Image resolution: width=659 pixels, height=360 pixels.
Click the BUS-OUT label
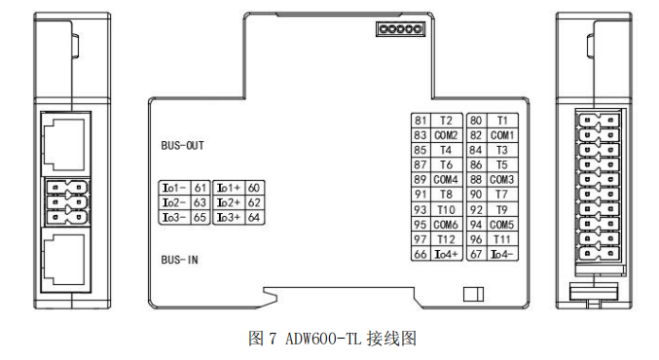tap(183, 146)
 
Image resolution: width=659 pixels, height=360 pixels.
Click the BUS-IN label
tap(180, 261)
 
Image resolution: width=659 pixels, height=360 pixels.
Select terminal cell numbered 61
tap(200, 188)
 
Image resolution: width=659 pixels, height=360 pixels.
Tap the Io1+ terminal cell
tap(228, 188)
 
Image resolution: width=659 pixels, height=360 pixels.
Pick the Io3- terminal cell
tap(173, 217)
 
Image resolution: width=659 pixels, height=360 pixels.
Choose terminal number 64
tap(254, 217)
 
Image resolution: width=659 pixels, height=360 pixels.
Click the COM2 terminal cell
tap(446, 135)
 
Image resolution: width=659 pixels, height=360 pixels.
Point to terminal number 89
tap(421, 180)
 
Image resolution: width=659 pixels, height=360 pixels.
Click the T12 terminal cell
tap(446, 239)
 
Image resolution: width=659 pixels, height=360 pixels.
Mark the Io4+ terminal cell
tap(446, 255)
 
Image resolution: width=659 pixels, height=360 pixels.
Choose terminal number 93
tap(421, 210)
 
